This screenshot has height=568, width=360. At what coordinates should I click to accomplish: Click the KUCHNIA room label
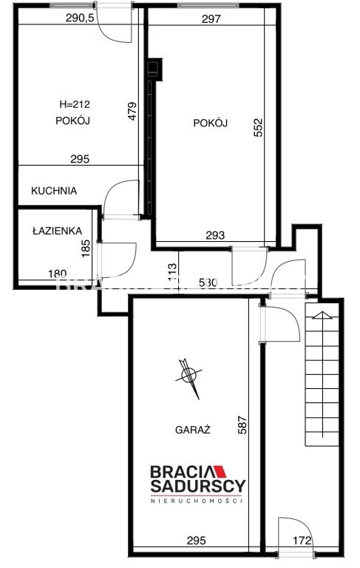[x=54, y=191]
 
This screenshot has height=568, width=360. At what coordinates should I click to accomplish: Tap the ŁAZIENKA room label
[x=57, y=231]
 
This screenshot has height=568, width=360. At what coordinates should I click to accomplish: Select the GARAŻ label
[x=193, y=429]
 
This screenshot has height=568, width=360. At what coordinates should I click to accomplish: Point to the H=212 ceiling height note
[x=75, y=105]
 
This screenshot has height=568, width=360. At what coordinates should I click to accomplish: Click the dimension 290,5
[x=80, y=18]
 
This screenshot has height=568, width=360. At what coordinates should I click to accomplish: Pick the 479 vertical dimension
[x=132, y=111]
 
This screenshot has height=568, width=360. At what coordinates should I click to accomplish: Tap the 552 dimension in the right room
[x=258, y=127]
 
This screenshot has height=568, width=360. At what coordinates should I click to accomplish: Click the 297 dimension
[x=211, y=18]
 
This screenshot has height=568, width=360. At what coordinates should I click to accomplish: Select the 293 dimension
[x=215, y=236]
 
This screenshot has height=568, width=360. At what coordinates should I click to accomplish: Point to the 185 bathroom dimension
[x=86, y=248]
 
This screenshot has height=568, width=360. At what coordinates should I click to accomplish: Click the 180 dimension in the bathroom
[x=58, y=274]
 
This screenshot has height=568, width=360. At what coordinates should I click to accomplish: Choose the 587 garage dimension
[x=242, y=425]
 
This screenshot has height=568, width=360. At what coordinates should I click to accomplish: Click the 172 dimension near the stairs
[x=302, y=541]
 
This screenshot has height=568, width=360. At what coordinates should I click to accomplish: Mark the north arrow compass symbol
[x=189, y=378]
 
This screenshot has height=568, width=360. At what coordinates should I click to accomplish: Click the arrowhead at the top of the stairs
[x=323, y=315]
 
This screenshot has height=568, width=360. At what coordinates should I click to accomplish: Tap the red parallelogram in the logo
[x=220, y=472]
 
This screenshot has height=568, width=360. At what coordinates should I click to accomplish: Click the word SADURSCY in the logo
[x=198, y=486]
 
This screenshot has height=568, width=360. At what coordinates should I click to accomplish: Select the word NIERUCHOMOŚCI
[x=197, y=501]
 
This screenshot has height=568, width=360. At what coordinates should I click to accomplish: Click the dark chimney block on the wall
[x=154, y=70]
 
